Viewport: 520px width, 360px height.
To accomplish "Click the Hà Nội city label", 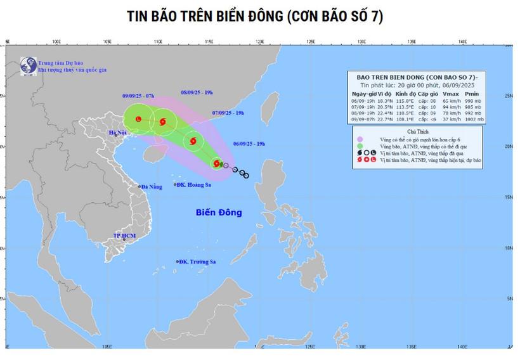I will pyautogui.click(x=119, y=132).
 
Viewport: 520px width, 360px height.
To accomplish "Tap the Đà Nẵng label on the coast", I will pyautogui.click(x=152, y=186).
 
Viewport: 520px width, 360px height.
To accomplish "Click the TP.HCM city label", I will pyautogui.click(x=125, y=236).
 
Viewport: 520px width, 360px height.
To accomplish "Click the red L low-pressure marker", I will pyautogui.click(x=138, y=118).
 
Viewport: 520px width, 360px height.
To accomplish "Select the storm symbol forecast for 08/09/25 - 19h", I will pyautogui.click(x=164, y=121).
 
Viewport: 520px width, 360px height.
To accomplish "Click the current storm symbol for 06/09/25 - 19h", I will pyautogui.click(x=217, y=163).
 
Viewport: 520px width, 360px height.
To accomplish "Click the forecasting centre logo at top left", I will pyautogui.click(x=27, y=65).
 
